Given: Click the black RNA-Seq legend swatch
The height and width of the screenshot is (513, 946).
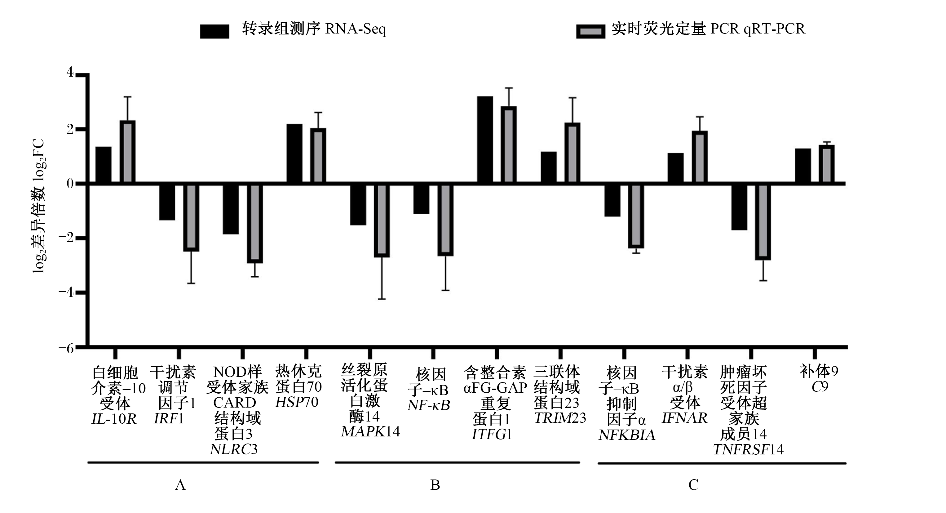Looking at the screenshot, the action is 214,31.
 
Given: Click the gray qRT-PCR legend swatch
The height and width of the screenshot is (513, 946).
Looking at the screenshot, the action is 590,31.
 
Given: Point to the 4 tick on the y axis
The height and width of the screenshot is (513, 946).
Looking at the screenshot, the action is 70,72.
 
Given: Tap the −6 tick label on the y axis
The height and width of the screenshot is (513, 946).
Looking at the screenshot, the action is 66,348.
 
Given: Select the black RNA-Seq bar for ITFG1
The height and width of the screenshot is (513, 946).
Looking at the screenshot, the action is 485,140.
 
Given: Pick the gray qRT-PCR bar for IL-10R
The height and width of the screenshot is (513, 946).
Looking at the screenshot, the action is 127,151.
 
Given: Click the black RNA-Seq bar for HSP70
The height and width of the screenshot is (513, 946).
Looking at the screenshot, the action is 294,154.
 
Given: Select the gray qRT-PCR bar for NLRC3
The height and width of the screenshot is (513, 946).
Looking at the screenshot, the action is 255,223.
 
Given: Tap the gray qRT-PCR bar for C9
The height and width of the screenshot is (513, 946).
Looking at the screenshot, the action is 827,164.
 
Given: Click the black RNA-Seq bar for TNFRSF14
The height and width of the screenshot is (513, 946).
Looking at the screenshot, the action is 739,207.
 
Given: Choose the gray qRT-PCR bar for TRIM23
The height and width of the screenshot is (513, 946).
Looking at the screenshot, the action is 572,153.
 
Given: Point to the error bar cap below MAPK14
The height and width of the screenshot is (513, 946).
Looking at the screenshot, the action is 382,299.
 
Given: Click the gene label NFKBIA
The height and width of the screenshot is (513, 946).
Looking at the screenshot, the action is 627,435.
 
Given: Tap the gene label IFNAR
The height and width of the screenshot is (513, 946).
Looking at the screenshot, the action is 684,418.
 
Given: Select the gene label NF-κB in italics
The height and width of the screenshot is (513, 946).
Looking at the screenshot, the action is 429,405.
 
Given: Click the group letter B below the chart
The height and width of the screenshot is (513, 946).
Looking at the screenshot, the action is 435,485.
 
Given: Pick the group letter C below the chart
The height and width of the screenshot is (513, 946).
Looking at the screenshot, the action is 693,485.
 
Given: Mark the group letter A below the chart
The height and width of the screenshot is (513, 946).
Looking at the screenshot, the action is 180,485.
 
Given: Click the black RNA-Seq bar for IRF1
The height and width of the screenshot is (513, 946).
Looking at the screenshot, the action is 167,202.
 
